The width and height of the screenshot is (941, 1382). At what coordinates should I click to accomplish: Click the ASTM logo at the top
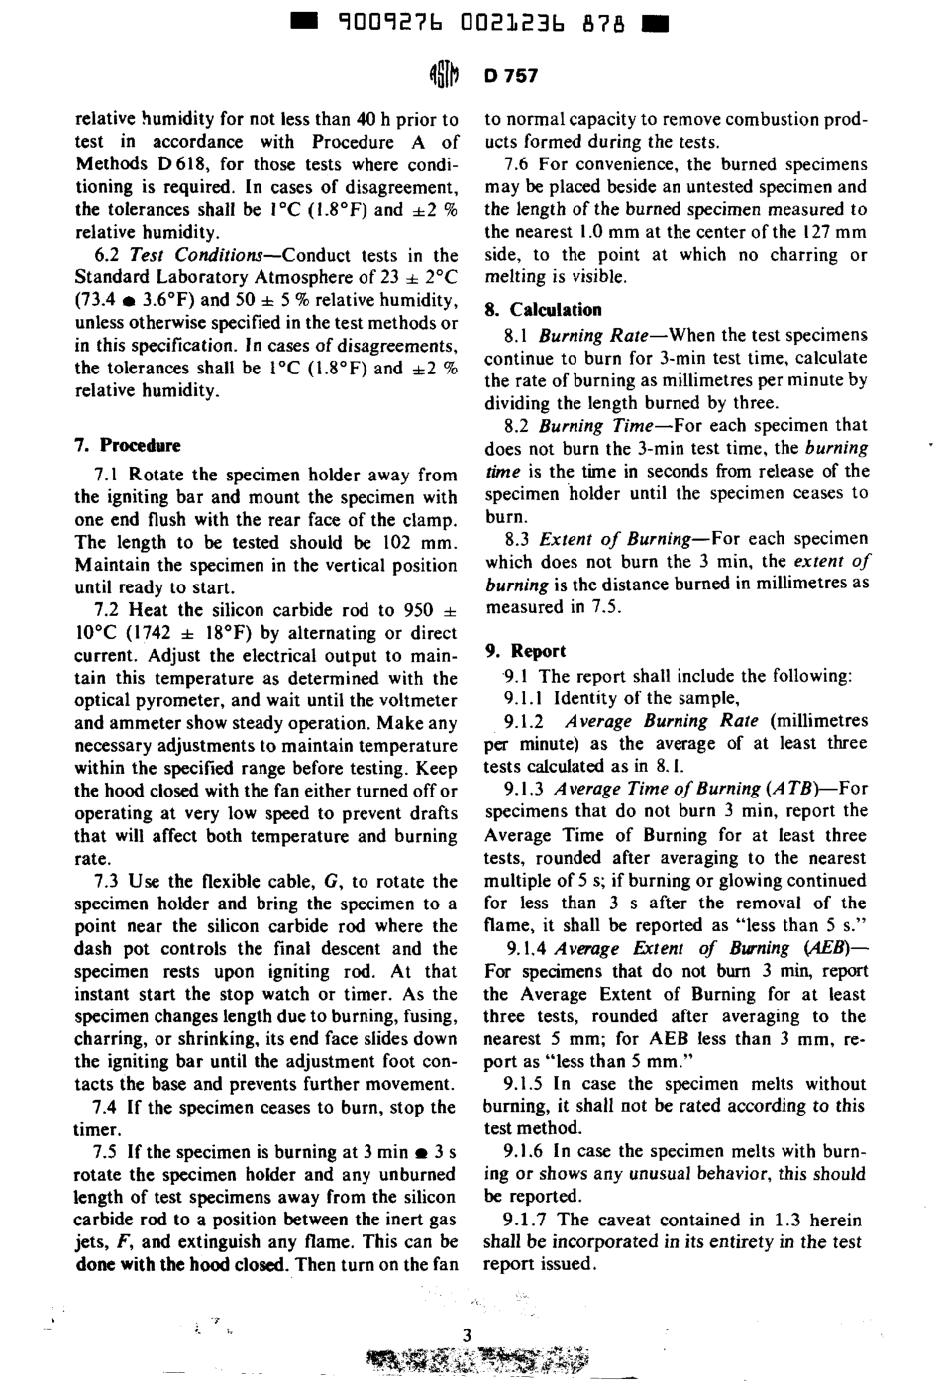pos(443,75)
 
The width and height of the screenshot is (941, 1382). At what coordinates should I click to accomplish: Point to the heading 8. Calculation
pos(543,309)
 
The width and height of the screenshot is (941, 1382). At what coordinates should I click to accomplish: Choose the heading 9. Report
pos(525,651)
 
